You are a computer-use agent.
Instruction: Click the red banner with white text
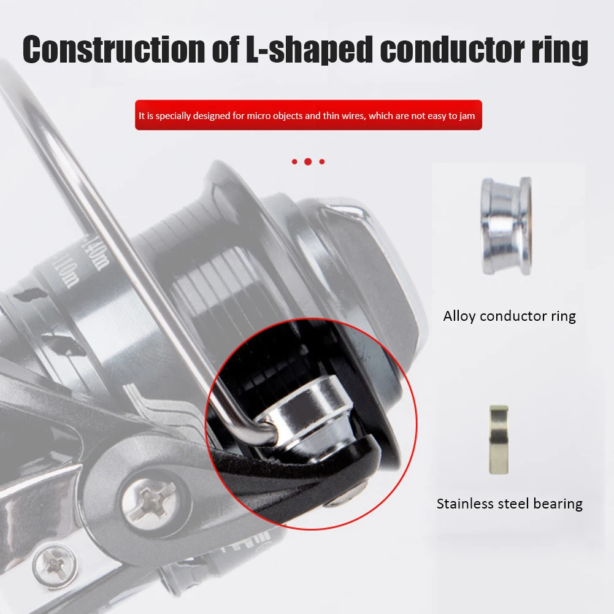pos(308,115)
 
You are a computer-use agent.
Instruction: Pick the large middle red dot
pos(308,162)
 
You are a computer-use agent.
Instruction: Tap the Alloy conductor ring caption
pos(509,317)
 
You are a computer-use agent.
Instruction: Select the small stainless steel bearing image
pos(498,439)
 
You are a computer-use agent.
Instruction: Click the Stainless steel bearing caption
pos(509,504)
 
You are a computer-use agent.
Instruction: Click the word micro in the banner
pos(261,116)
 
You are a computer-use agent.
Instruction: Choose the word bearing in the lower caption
pos(555,504)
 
